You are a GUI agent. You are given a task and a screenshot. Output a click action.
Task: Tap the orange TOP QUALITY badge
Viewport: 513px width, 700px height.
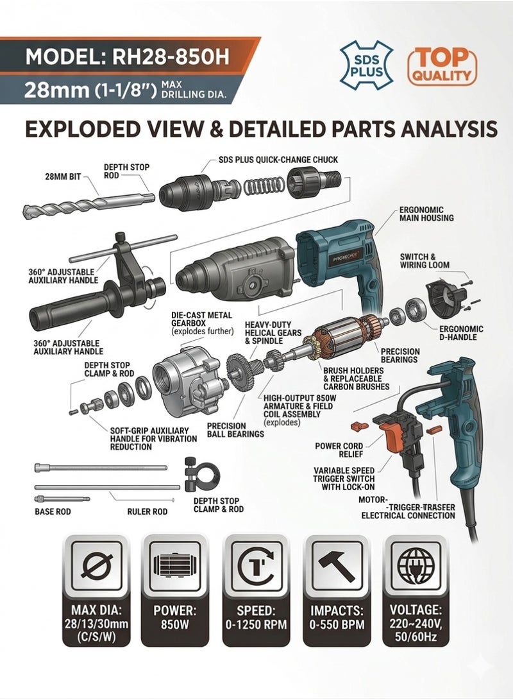coord(442,65)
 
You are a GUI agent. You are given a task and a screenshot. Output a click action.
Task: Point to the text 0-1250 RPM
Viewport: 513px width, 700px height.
coord(256,624)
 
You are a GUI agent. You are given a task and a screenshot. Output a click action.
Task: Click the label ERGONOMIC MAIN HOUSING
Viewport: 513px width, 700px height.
coord(426,214)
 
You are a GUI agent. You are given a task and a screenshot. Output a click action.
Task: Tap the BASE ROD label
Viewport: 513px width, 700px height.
coord(53,511)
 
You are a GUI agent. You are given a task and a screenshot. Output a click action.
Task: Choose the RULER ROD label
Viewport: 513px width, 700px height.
coord(147,511)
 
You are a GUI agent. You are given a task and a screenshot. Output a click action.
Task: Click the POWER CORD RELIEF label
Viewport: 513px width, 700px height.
coord(339,450)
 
